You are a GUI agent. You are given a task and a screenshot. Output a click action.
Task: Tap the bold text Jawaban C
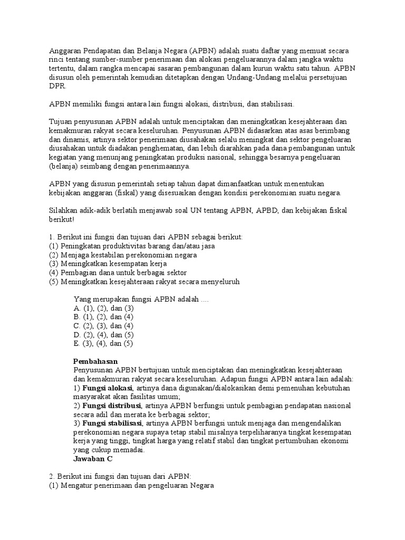click(93, 459)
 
